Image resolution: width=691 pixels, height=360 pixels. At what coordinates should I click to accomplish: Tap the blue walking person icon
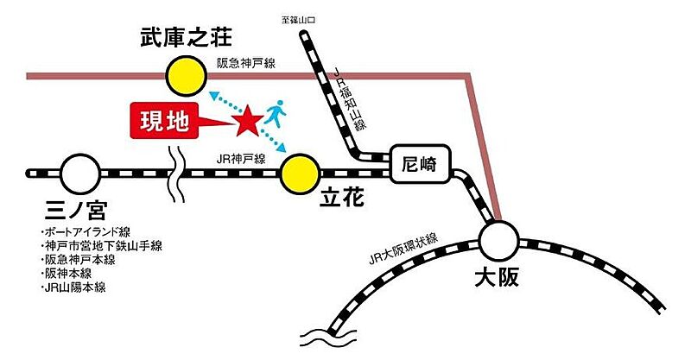pos(276,113)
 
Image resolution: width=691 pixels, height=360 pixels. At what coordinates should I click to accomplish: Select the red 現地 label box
pos(165,121)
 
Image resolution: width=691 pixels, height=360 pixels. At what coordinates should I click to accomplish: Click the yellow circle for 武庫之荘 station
pos(187,76)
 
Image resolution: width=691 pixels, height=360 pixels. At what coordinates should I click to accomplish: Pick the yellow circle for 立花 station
pos(301,174)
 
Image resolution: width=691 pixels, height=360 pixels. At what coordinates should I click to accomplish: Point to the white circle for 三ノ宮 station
pos(80,174)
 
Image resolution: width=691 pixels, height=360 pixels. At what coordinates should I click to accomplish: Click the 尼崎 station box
pos(420,163)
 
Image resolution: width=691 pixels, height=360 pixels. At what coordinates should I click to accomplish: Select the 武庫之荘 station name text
pos(186,37)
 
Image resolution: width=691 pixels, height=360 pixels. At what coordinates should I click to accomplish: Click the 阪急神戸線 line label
pos(246,63)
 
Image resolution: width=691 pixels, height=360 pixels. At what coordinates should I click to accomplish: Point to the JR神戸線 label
pos(241,159)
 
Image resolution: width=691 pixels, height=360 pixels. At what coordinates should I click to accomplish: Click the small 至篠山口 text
pos(298,20)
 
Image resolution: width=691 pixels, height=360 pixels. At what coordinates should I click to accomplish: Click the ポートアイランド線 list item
pos(86,231)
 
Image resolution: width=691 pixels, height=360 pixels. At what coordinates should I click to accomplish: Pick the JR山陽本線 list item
pos(73,287)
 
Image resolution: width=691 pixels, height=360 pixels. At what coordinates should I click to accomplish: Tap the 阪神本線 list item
pos(67,274)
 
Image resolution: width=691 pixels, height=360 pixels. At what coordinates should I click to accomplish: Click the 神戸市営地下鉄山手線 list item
pos(101,245)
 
